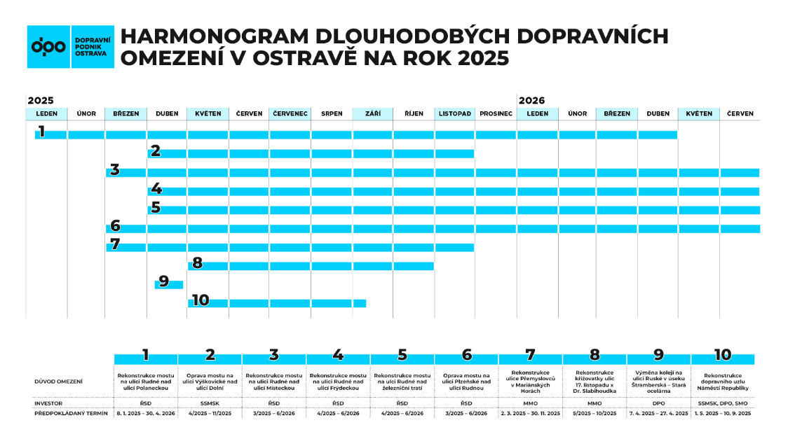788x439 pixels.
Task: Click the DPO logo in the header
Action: pos(70,47)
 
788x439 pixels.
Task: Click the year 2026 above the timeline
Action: pos(531,101)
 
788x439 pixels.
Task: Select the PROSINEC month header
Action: pos(496,113)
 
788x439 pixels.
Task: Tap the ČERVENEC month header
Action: pos(290,113)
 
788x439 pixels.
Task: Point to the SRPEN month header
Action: pos(332,113)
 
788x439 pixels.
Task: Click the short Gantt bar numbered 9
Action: pos(169,284)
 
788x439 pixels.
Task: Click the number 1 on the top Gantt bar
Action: pos(42,131)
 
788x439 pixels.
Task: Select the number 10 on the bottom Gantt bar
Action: pos(200,300)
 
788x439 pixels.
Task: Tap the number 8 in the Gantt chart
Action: pos(197,263)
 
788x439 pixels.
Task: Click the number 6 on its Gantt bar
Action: pos(116,226)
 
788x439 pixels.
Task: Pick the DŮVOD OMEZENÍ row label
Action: pos(58,382)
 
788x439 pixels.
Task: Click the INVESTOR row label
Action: pos(48,403)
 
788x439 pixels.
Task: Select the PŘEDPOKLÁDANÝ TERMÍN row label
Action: pos(71,414)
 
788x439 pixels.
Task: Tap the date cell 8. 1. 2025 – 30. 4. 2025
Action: pos(146,414)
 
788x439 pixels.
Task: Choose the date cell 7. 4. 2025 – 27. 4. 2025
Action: pos(658,414)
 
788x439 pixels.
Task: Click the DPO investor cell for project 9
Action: pos(658,403)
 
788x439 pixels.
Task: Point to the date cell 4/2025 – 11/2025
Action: pos(210,414)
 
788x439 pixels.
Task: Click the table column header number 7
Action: pos(531,355)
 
